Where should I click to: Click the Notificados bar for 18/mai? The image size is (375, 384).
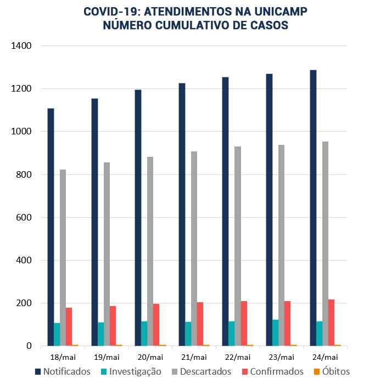click(51, 227)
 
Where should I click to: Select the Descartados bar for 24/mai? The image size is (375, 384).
click(326, 244)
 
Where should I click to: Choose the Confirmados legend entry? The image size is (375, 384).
click(272, 371)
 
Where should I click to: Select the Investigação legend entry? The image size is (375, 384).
click(130, 371)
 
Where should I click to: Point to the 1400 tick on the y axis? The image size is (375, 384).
click(20, 46)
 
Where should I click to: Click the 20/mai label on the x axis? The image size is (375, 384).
click(150, 357)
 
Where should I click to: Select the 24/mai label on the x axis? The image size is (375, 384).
click(325, 357)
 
